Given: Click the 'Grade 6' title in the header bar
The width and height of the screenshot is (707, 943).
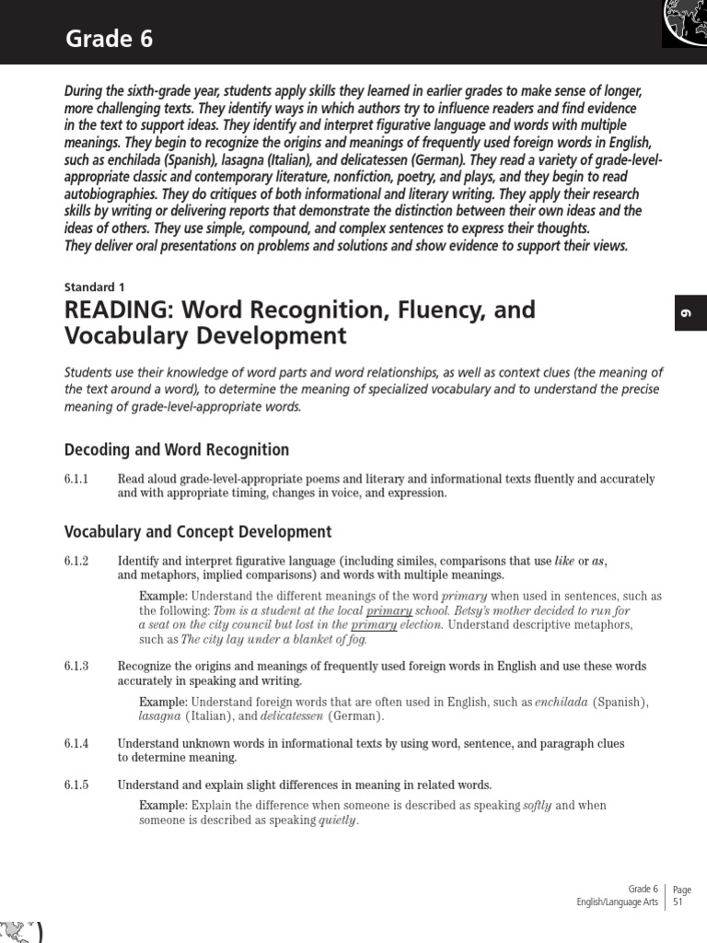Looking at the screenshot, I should (109, 39).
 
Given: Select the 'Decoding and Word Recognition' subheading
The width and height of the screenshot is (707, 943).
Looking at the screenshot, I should (177, 449).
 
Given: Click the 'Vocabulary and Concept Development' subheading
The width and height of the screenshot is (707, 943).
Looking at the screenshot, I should (198, 531).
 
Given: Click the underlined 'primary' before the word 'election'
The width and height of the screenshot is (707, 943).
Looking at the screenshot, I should (374, 625).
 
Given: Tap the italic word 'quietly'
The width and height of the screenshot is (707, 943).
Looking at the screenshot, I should (336, 821).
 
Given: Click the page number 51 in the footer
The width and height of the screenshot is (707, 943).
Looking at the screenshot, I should (678, 903).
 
